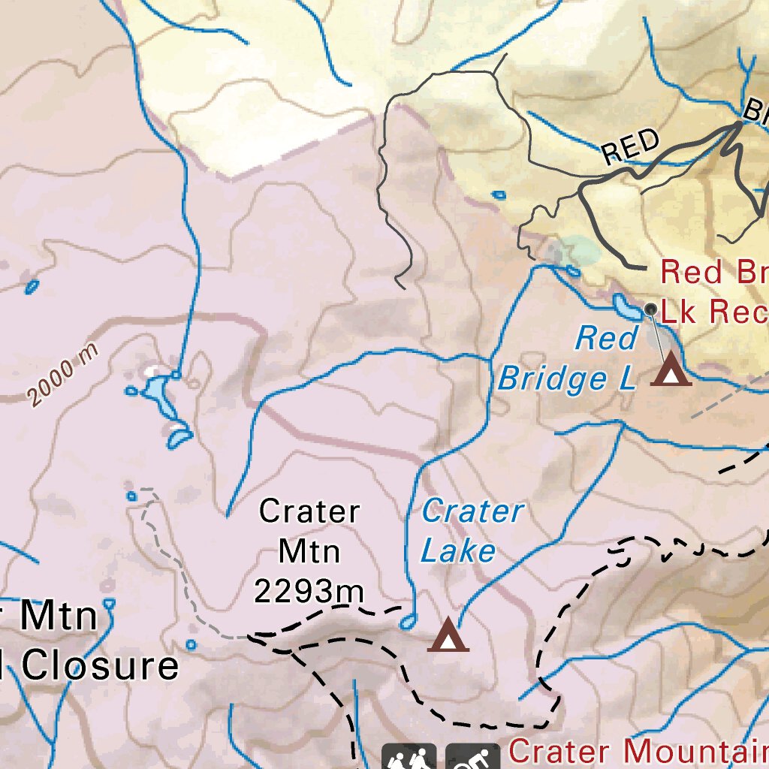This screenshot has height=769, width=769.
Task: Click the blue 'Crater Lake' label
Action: [472, 531]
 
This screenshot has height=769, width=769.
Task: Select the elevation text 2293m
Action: [309, 591]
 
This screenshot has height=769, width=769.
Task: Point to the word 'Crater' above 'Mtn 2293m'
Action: [309, 511]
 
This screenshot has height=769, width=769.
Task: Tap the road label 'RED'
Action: [631, 147]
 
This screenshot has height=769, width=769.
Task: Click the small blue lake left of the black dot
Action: [625, 305]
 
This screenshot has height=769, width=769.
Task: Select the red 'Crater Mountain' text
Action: [638, 751]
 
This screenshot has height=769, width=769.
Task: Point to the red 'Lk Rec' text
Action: [713, 310]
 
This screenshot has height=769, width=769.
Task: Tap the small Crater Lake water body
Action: [408, 621]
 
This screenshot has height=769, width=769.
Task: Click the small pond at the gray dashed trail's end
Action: [132, 496]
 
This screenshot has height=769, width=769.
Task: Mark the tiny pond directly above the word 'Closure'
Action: [110, 602]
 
